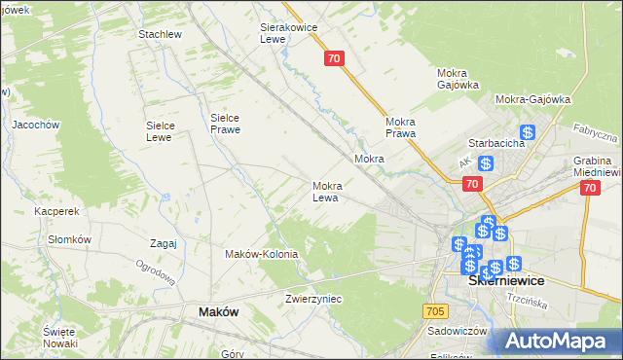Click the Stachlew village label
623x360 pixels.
click(161, 34)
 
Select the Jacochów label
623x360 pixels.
click(36, 125)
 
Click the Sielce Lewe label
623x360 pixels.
click(159, 131)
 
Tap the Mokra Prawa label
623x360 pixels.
click(401, 127)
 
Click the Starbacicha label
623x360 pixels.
click(497, 143)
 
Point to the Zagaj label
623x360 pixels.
click(163, 243)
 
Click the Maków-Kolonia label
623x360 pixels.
click(261, 254)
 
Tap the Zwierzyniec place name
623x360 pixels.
click(313, 299)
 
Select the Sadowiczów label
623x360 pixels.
click(457, 331)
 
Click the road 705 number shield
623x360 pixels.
click(435, 310)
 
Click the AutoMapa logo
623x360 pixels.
click(557, 342)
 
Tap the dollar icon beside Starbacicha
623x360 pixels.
click(528, 132)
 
